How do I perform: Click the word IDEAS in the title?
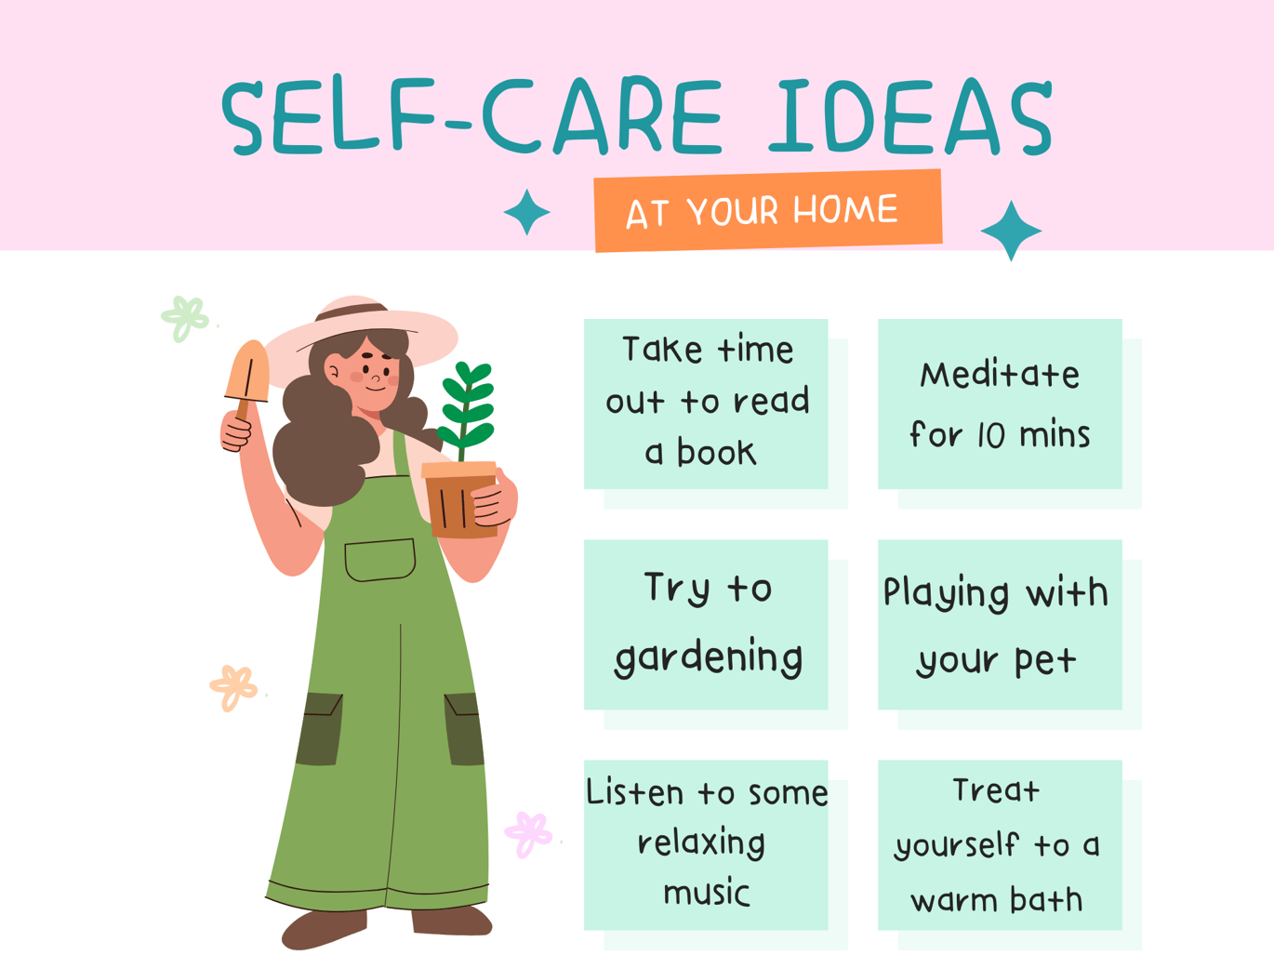tap(910, 116)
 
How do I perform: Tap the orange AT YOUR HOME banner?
tap(768, 210)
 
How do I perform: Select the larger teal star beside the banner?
tap(1011, 231)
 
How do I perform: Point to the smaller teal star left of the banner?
tap(526, 212)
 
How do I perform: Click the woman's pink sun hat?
tap(360, 337)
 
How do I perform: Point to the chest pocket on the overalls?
tap(380, 560)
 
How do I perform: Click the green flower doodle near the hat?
tap(184, 319)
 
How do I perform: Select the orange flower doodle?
tap(232, 687)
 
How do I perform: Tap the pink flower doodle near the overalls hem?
tap(527, 834)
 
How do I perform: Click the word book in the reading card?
tap(717, 453)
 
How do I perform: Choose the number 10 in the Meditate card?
tap(990, 434)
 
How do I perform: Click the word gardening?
tap(709, 657)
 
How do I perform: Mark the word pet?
tap(1045, 661)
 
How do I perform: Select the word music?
tap(707, 893)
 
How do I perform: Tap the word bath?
tap(1046, 899)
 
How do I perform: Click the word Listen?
tap(634, 792)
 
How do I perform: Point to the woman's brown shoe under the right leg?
tap(451, 921)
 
